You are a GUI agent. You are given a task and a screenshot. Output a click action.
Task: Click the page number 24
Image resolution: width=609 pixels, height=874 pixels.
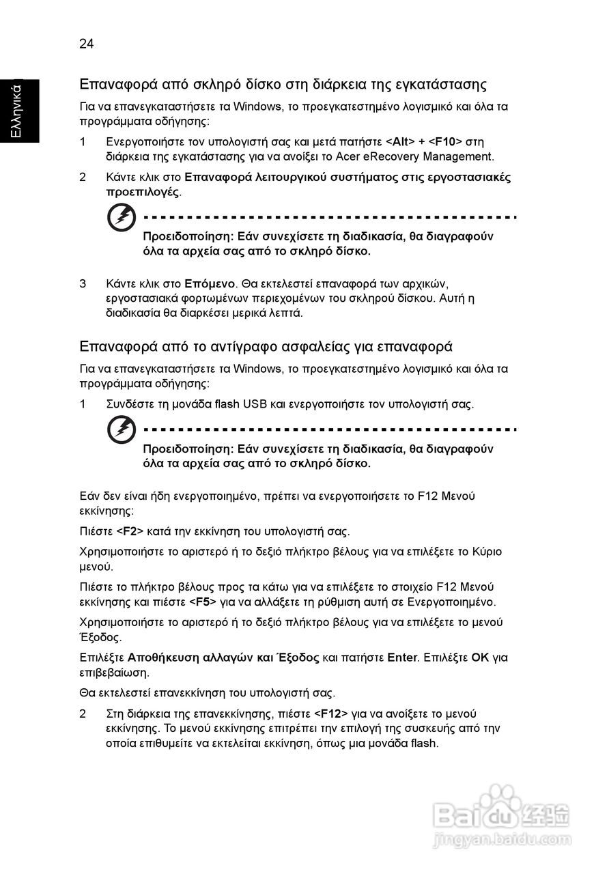coord(86,44)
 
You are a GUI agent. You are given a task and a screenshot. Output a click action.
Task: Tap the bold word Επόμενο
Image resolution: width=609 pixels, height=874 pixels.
coord(210,283)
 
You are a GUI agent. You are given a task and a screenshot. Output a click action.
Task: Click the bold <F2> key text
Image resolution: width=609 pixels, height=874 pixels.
coord(130,531)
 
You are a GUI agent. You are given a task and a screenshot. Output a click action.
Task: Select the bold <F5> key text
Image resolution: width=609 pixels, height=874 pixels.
coord(203,602)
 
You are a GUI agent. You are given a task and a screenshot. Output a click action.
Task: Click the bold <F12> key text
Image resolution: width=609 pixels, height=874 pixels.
coord(331,714)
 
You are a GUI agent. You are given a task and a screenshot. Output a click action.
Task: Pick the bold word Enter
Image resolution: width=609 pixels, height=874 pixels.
coord(401,658)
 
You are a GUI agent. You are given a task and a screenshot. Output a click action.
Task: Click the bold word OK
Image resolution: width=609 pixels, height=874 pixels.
coord(481,658)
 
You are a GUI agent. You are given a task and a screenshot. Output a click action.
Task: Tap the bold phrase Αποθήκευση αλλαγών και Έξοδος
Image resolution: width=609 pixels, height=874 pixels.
coord(223,658)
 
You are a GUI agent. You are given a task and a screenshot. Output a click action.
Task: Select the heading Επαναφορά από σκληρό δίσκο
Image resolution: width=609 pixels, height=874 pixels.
coord(283,85)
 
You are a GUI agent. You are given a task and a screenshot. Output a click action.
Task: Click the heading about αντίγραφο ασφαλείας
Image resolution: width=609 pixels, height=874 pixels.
coord(266,346)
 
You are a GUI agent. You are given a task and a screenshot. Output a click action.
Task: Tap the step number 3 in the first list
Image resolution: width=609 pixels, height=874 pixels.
coord(83,283)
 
